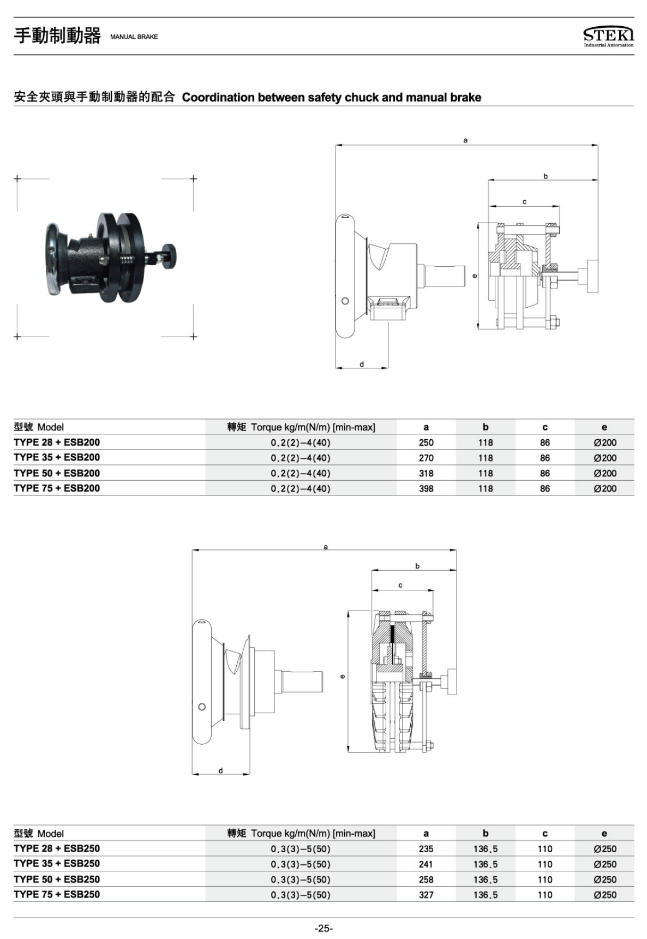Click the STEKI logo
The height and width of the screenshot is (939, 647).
pos(608,37)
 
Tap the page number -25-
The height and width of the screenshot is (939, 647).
pos(323,928)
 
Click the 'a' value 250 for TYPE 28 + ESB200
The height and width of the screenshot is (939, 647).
pos(426,442)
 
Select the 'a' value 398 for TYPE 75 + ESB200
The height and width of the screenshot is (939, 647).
pos(426,488)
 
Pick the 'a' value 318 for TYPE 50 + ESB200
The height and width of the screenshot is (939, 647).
pos(426,473)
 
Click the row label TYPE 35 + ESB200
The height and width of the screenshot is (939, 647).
pos(57,457)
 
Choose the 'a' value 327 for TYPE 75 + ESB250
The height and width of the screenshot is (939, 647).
pos(426,895)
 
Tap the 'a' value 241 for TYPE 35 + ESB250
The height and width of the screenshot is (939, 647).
pos(426,864)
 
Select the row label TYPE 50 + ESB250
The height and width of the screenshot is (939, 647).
pos(57,879)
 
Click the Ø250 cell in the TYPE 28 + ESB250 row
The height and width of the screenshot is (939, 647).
pos(605,849)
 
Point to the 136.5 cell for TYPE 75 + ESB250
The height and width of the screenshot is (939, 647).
pos(486,895)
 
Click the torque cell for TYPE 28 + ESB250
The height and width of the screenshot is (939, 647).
pos(301,849)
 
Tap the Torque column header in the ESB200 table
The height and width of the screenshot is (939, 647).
pos(301,427)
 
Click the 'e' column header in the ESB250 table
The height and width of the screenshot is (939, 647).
pos(604,834)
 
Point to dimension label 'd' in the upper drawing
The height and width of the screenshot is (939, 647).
pos(362,364)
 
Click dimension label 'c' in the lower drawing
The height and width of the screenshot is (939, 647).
pos(400,585)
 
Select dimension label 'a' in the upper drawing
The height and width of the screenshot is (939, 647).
pos(465,140)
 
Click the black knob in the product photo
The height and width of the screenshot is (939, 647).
pos(169,255)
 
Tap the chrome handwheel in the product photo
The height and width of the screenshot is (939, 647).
pos(55,259)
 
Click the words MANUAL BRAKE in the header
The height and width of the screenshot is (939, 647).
pos(134,37)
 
